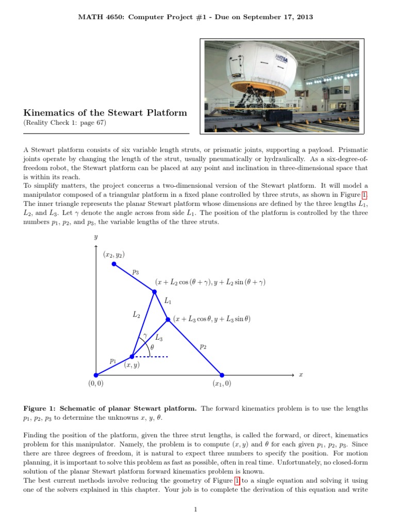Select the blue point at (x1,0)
coord(222,375)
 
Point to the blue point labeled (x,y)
coord(132,356)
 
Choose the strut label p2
coord(203,347)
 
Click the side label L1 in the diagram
coord(168,300)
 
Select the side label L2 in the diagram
coord(137,313)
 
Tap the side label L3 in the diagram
coord(159,338)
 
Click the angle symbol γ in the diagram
coord(145,335)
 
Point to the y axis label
coord(96,237)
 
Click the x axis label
coord(301,375)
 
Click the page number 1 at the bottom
coord(196,509)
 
